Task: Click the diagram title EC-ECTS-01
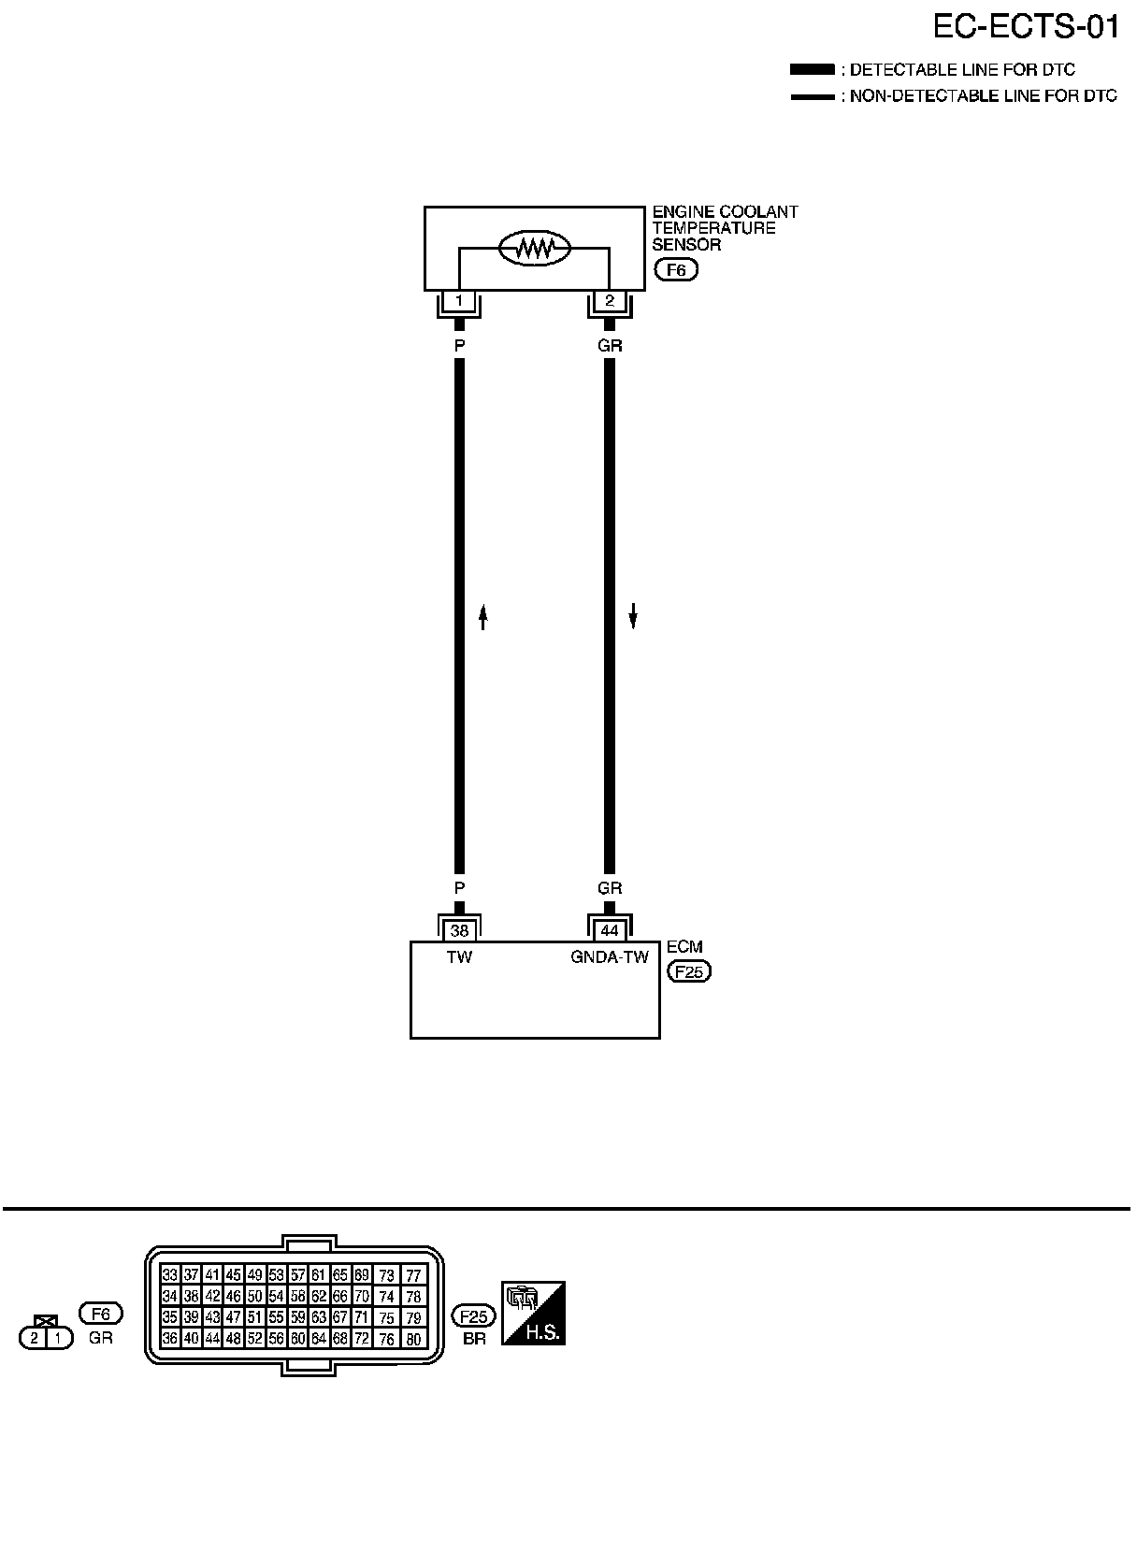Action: tap(1026, 27)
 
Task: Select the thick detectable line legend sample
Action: tap(811, 70)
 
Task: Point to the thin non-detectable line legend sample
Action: tap(811, 96)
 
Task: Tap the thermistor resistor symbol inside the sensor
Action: tap(535, 248)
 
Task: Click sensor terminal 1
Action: tap(459, 301)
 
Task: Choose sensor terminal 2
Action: tap(610, 301)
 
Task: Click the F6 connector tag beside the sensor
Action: tap(675, 271)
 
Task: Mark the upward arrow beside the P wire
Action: tap(482, 616)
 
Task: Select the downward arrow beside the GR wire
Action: tap(633, 616)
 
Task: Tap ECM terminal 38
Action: tap(459, 931)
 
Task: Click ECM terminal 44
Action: tap(610, 931)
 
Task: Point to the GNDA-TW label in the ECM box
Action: tap(610, 957)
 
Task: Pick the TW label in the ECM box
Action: tap(459, 957)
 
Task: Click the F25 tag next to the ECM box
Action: tap(689, 972)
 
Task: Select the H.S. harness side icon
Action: tap(534, 1313)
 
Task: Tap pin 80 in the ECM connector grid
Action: tap(413, 1339)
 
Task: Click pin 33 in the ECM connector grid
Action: tap(169, 1275)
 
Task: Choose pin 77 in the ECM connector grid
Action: tap(413, 1275)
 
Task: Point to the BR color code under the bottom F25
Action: tap(474, 1339)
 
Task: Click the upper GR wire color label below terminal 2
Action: tap(610, 346)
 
